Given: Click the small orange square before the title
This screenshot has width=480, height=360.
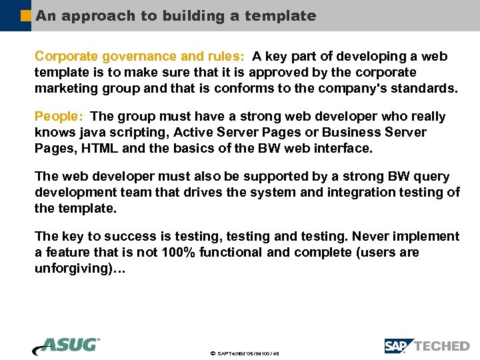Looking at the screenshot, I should (x=26, y=15).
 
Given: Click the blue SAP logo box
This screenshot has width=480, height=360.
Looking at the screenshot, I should (x=398, y=346).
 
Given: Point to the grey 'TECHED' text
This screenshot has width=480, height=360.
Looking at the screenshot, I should (x=442, y=346).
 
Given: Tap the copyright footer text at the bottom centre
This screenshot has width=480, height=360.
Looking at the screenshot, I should (x=243, y=353).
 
